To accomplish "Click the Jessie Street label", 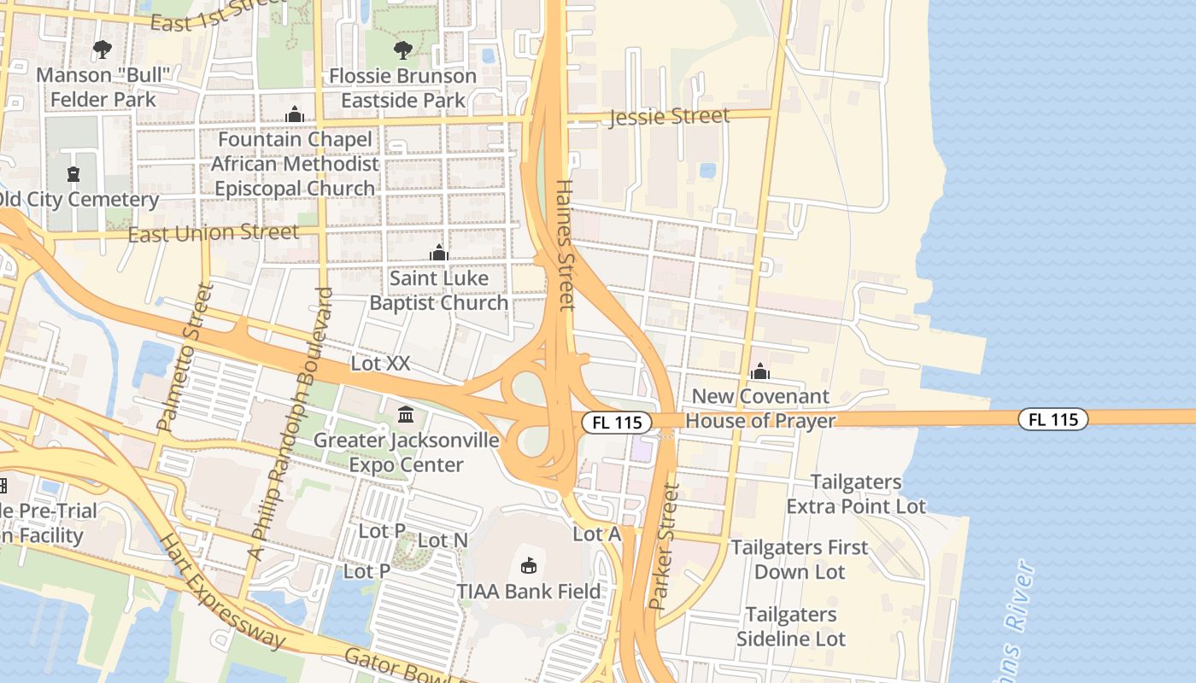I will point(669,116).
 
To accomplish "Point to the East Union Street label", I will point(214,232).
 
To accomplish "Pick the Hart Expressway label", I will point(223,591).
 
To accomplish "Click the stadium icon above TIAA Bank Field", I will point(529,565).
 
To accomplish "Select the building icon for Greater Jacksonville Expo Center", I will point(406,415).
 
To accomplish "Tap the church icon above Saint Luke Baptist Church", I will point(439,253).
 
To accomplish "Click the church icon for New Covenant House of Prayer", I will point(759,371).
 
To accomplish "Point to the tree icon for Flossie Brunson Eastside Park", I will point(403,50).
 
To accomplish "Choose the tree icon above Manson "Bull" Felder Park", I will point(103,50).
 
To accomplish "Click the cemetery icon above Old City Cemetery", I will point(73,174).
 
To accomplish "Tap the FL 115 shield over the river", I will point(1052,419).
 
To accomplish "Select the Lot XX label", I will point(380,364).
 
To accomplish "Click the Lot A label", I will point(596,534).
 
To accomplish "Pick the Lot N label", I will point(443,540).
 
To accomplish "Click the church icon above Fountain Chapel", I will point(295,114).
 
